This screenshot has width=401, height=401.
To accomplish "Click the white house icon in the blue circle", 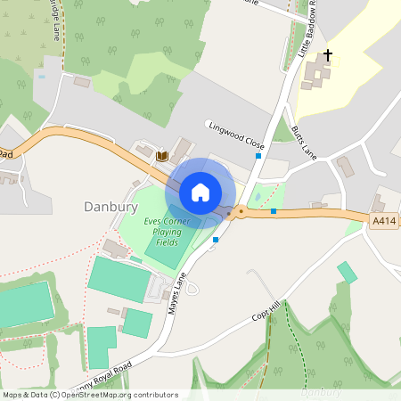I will tap(200, 192).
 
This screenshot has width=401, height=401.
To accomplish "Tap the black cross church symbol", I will tap(328, 56).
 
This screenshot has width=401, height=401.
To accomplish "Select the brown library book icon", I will tap(162, 157).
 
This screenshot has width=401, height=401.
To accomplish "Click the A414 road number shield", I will tap(384, 219).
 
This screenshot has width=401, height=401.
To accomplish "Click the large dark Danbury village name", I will tap(110, 207).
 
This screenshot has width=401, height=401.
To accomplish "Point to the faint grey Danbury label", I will tap(320, 391).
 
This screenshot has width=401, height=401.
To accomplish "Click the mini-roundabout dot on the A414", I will tap(241, 211).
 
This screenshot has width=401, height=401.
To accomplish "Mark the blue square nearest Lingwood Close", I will tap(258, 156).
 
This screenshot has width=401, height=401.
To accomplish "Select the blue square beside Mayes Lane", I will tap(216, 239).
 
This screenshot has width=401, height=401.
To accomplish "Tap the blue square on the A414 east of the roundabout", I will tap(274, 211).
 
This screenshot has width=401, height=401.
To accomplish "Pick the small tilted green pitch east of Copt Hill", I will tap(347, 273).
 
